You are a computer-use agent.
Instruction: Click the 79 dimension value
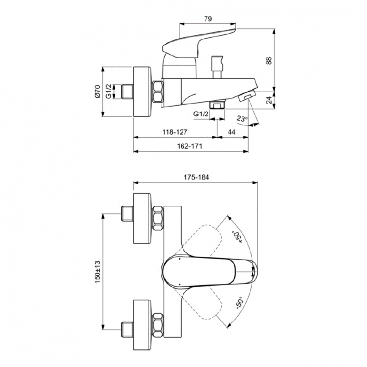[x=207, y=19]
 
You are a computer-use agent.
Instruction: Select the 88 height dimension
[x=282, y=61]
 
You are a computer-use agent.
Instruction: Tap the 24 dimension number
[x=282, y=101]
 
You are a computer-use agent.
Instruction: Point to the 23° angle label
[x=242, y=118]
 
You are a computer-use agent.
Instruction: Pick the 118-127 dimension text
[x=175, y=132]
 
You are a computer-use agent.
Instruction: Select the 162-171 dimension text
[x=190, y=146]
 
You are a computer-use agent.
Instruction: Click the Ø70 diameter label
[x=97, y=92]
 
